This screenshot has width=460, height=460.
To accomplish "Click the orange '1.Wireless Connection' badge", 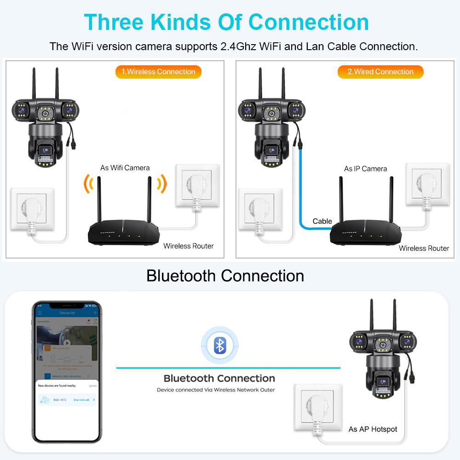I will tap(158, 72).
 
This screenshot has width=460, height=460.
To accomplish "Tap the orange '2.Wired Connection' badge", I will tap(380, 72).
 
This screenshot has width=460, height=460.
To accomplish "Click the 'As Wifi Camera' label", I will tap(125, 168).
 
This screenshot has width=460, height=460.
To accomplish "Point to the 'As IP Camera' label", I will tap(366, 169).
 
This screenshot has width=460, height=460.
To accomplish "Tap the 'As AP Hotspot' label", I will tap(373, 429).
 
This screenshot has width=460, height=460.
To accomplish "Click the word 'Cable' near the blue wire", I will tap(322, 221).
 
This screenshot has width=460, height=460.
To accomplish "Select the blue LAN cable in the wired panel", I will tap(302, 193).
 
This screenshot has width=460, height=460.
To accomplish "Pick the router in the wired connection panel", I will tap(366, 230).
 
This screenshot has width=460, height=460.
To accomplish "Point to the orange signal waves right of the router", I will tap(161, 184).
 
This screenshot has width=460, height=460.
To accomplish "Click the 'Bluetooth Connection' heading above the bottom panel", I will tap(225, 276).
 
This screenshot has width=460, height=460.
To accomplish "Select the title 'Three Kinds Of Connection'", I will tap(226, 22).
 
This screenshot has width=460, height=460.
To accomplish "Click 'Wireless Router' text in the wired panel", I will tap(424, 248).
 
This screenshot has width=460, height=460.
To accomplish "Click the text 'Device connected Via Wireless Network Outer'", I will tap(216, 390).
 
